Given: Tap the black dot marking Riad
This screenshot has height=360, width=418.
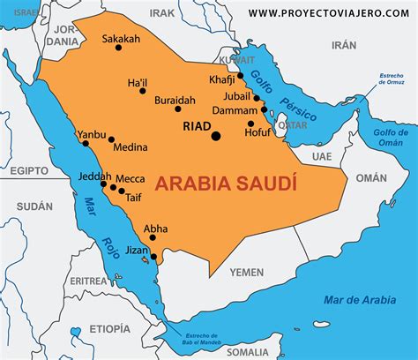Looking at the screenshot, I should (x=216, y=136).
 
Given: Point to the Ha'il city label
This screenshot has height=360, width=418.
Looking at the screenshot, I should (x=138, y=83).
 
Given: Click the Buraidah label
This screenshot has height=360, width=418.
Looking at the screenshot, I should (x=175, y=101).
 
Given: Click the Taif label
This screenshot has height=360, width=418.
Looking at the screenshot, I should (x=134, y=199).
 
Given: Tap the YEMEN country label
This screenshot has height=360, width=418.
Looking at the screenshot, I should (x=246, y=273).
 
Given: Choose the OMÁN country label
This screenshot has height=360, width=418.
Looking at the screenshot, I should (x=371, y=177).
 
